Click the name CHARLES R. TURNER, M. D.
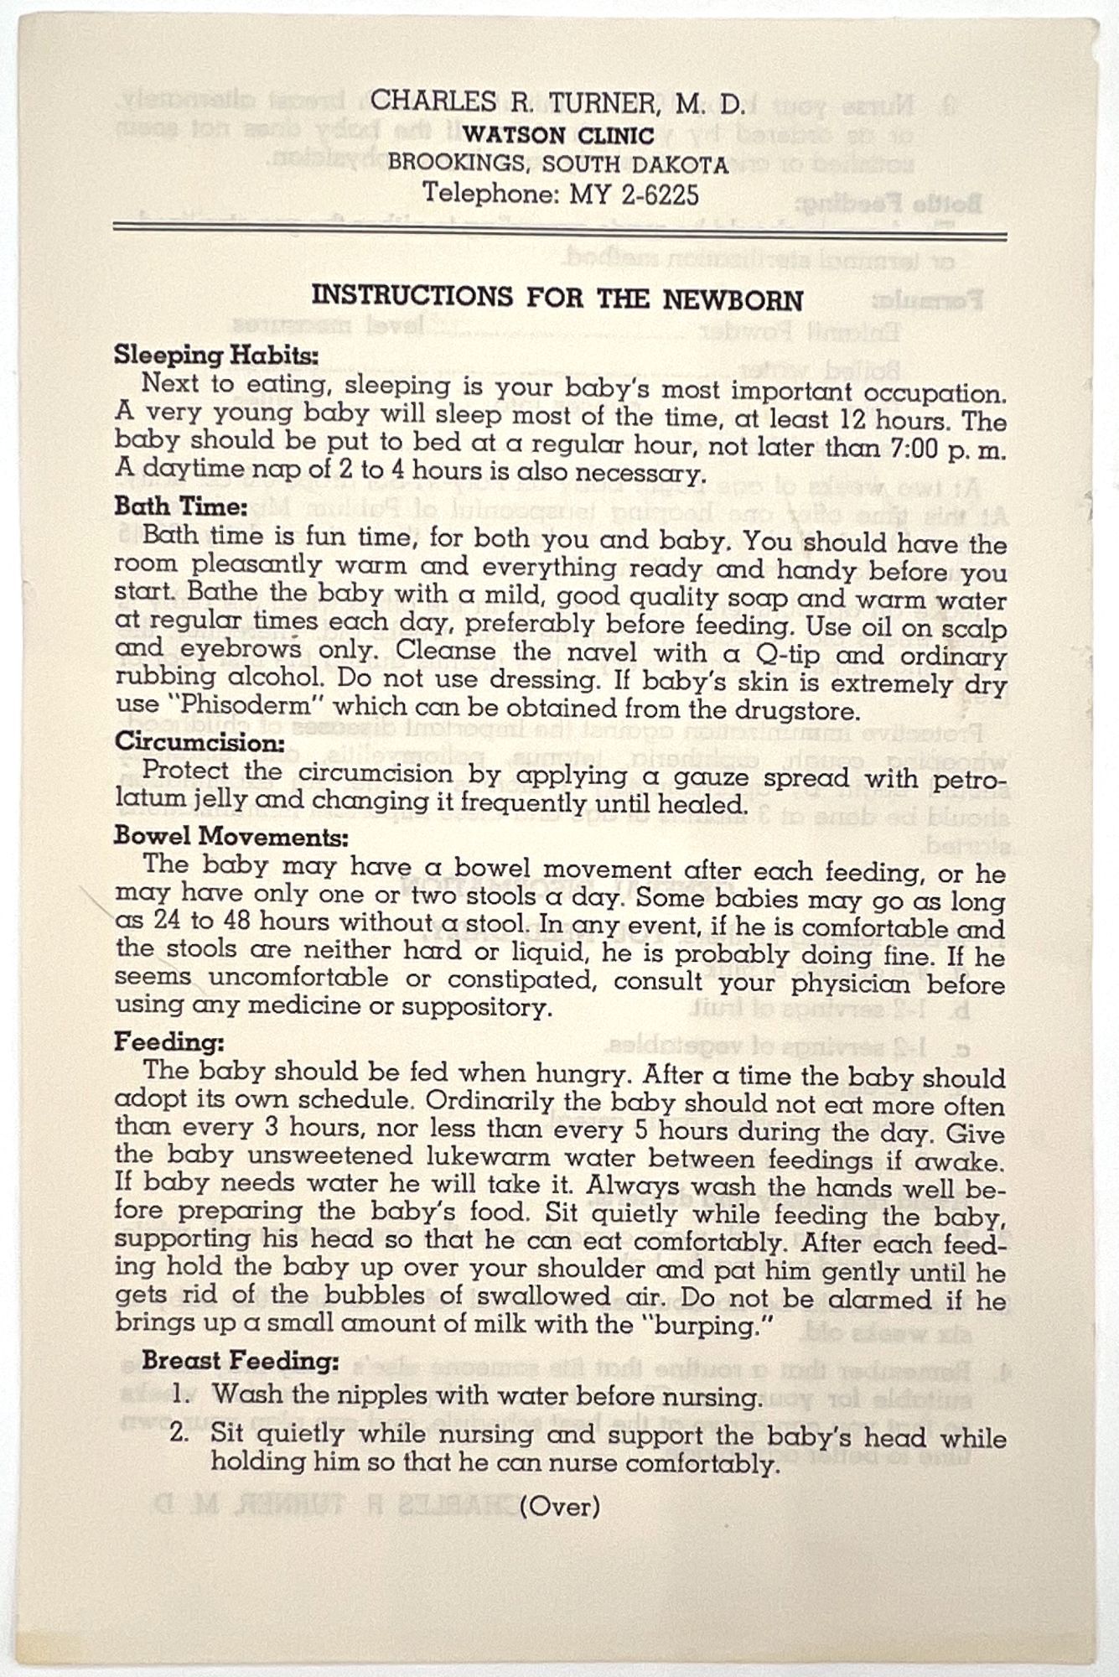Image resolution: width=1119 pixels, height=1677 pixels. tap(557, 103)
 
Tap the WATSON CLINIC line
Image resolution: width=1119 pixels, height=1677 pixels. tap(559, 134)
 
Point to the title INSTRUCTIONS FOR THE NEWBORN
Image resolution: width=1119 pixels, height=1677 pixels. tap(557, 299)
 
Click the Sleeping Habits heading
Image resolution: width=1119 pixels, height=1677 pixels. tap(217, 356)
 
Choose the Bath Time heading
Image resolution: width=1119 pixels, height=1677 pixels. tap(181, 506)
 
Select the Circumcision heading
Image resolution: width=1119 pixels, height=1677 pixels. tap(200, 743)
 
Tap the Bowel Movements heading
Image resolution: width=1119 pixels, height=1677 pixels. tap(231, 837)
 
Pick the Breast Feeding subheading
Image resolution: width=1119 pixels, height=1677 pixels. tap(241, 1360)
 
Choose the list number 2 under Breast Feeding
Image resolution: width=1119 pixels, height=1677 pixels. tap(180, 1432)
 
